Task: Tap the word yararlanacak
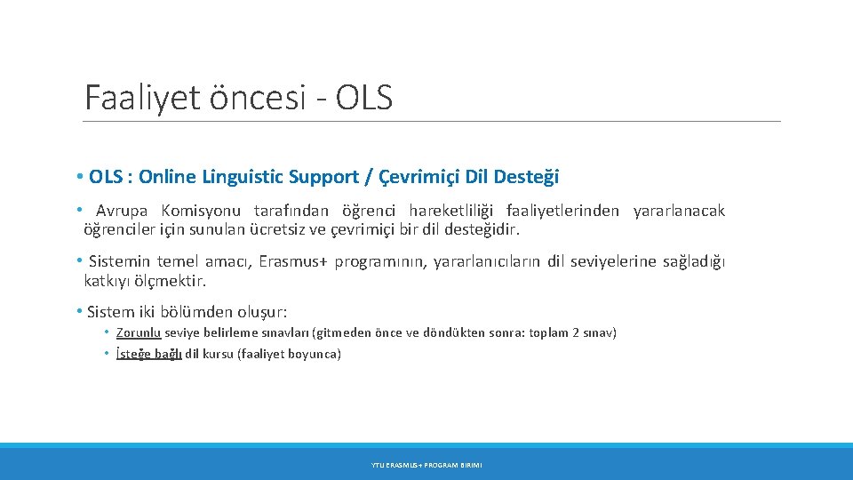click(679, 211)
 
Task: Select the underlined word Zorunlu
click(138, 332)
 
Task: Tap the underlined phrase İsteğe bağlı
click(148, 354)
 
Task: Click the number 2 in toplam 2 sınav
click(577, 332)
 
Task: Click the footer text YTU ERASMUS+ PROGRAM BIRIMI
click(426, 465)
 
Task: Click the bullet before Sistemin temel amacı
click(79, 261)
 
